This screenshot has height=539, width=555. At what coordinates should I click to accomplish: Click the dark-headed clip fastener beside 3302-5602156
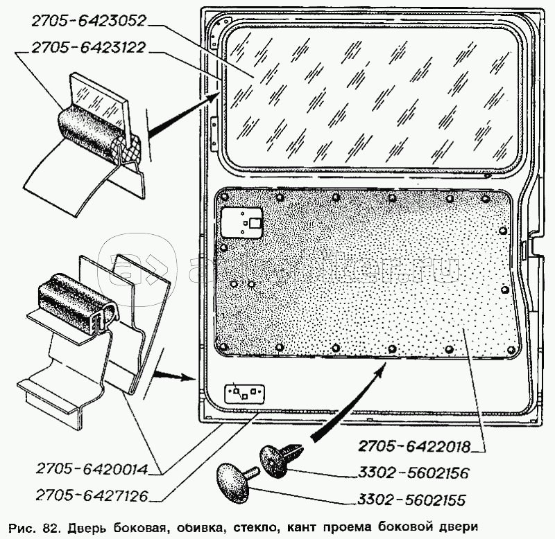pos(278,457)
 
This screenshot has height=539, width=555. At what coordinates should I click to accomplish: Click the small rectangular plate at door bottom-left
pos(245,393)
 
